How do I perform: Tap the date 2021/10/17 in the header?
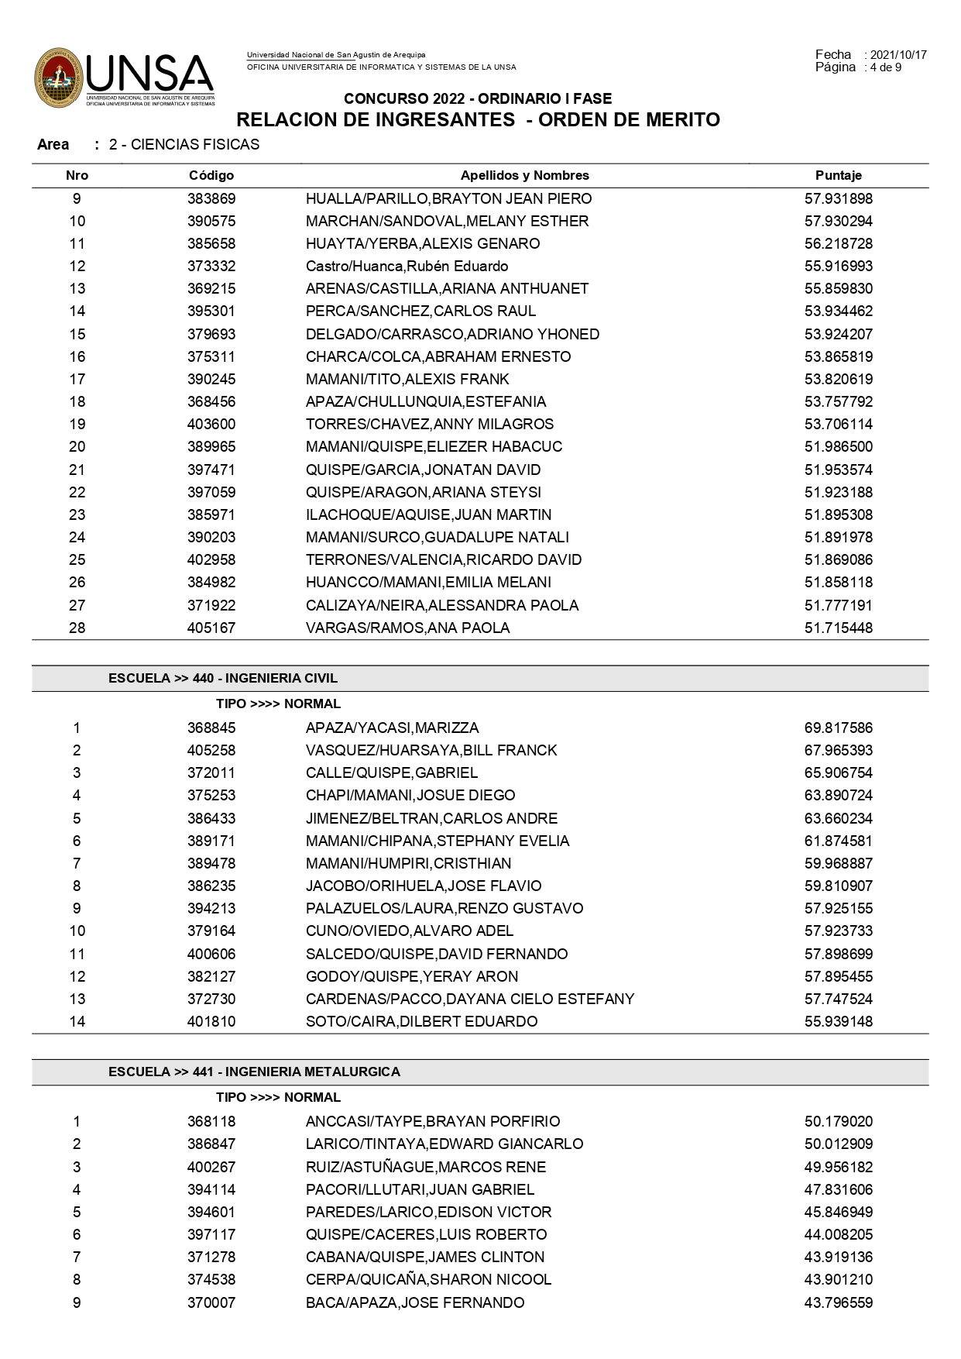(x=898, y=55)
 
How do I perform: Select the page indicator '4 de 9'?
(x=886, y=67)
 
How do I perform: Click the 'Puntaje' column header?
(x=838, y=176)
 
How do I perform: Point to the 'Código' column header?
(x=211, y=176)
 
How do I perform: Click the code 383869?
(x=211, y=199)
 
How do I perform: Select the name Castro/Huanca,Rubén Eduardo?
(x=407, y=267)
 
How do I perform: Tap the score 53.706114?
(x=838, y=425)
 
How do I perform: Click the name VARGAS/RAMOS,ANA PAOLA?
(x=407, y=628)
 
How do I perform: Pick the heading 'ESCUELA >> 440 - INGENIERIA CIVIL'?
(x=223, y=679)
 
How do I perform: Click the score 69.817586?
(x=838, y=728)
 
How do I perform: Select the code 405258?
(x=211, y=751)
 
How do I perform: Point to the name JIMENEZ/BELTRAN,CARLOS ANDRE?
(x=431, y=819)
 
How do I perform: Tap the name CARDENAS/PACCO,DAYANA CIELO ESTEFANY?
(x=470, y=999)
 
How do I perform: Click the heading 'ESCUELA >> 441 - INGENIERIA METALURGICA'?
(x=254, y=1072)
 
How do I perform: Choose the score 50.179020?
(x=838, y=1122)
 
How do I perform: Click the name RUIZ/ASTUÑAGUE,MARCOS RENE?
(x=425, y=1168)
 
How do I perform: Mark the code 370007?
(x=211, y=1303)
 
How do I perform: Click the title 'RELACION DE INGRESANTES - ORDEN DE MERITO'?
(x=478, y=120)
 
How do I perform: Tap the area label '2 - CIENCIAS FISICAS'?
(x=184, y=145)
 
